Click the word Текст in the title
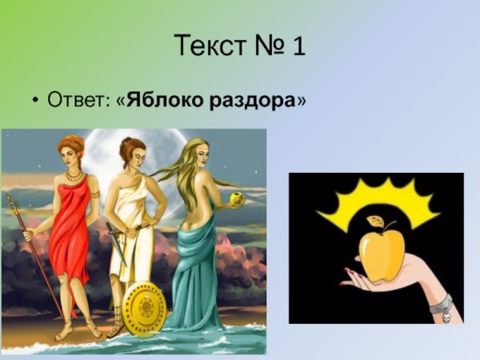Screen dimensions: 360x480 tap(209, 46)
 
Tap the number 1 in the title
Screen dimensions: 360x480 tap(298, 46)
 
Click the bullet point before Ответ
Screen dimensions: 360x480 tap(35, 102)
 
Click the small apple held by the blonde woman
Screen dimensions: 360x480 tap(236, 197)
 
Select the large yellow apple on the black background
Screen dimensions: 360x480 tap(381, 255)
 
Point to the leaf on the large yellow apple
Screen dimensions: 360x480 tap(375, 222)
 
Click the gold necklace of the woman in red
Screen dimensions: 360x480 tap(74, 174)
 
